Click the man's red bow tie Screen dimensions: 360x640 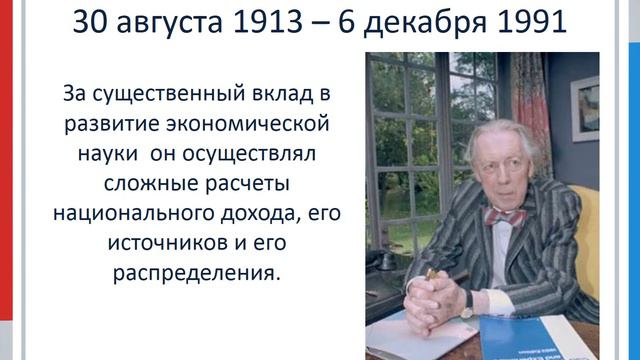click(x=502, y=216)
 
